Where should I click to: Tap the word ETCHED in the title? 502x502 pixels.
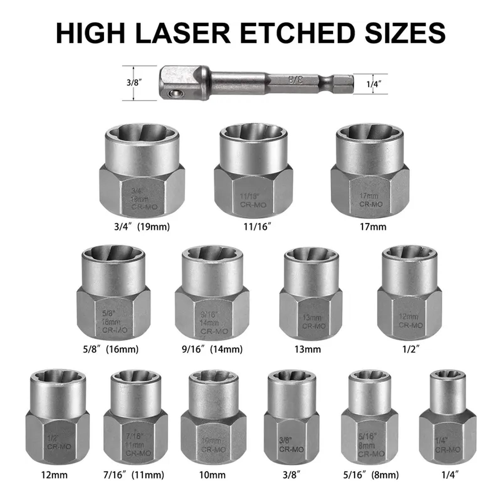(x=297, y=33)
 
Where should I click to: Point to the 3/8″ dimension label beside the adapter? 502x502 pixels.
(x=134, y=83)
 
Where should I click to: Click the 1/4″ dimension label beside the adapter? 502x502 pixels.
(x=374, y=84)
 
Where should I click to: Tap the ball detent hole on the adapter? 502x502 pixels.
(x=174, y=93)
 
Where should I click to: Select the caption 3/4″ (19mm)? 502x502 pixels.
(x=142, y=227)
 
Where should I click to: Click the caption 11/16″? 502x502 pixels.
(x=257, y=227)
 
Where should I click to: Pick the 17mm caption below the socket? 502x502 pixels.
(x=373, y=227)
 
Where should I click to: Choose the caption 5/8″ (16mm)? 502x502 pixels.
(x=110, y=349)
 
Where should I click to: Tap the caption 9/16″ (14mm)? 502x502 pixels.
(x=212, y=349)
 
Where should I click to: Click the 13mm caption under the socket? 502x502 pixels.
(x=307, y=349)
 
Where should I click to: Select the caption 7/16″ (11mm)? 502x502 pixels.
(x=134, y=475)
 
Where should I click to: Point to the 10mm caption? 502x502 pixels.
(x=212, y=475)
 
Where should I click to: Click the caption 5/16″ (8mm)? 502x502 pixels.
(x=371, y=475)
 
